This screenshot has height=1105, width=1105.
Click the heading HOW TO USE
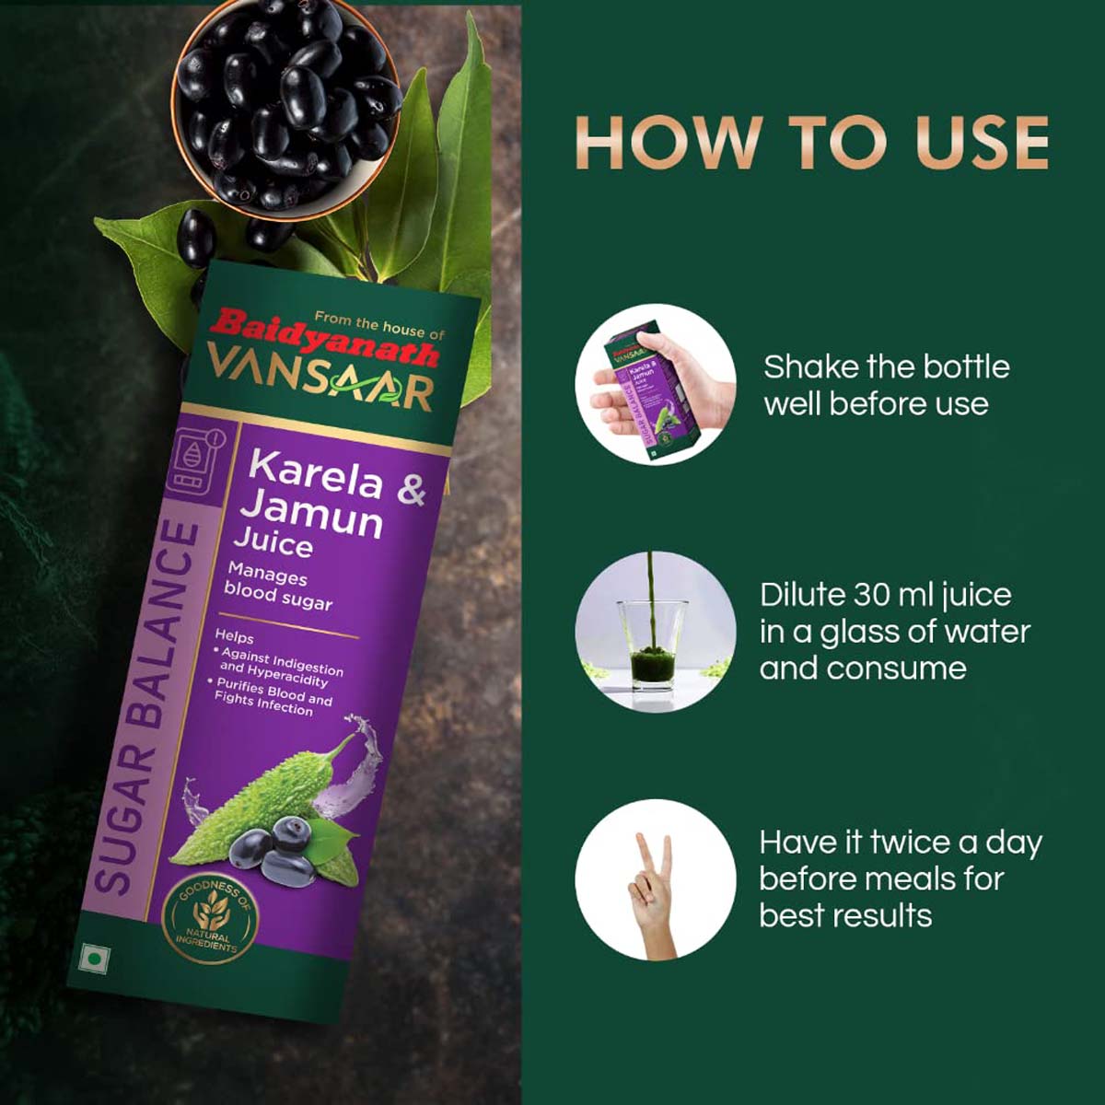[811, 143]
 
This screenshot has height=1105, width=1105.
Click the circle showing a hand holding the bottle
[656, 384]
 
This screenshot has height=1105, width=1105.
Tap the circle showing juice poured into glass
[656, 632]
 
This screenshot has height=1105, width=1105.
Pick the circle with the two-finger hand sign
[656, 879]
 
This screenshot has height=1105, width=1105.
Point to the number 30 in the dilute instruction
[871, 595]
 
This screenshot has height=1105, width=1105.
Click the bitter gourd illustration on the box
[267, 792]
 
